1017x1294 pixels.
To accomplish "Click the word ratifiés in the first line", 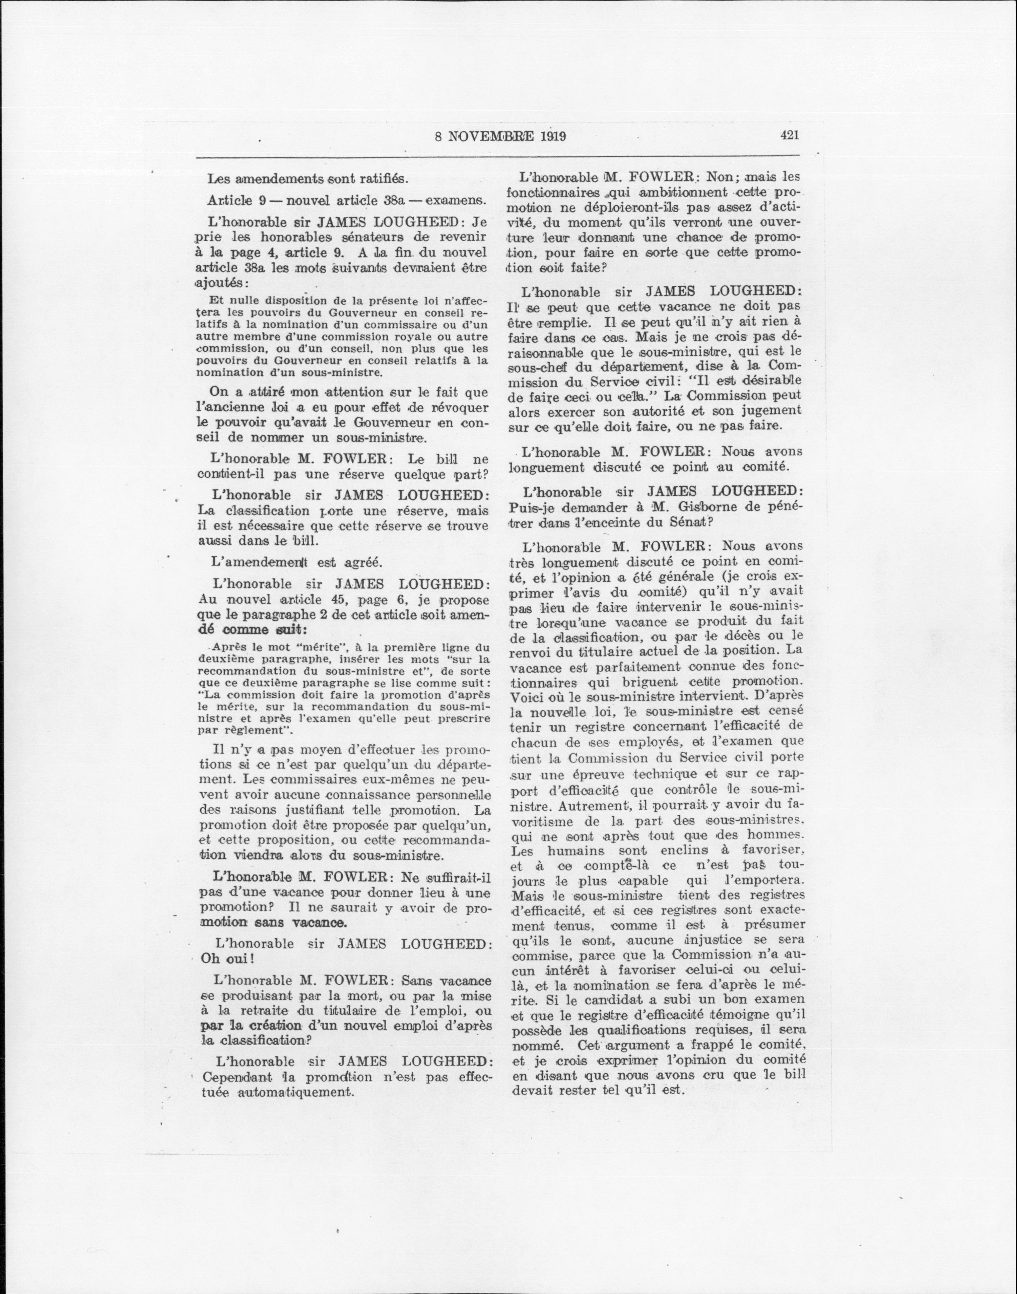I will point(379,179).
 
